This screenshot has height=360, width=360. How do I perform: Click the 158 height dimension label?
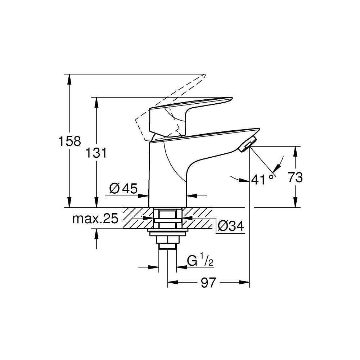click(69, 141)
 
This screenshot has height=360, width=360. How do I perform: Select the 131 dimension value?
click(96, 153)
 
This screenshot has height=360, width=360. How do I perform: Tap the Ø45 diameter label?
click(123, 189)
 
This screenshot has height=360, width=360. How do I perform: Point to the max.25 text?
click(95, 219)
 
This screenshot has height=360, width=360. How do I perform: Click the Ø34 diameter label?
click(231, 226)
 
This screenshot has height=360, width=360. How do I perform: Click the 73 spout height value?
click(295, 177)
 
